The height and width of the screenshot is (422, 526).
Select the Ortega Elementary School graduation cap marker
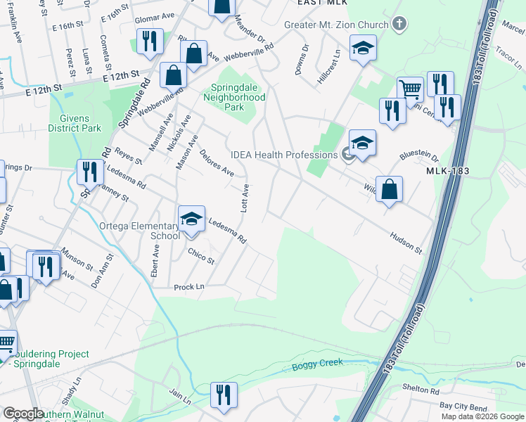click(x=191, y=219)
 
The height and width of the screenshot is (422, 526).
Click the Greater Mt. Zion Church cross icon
click(x=399, y=25)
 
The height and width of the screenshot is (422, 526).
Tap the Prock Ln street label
click(x=189, y=287)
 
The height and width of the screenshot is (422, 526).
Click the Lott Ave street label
click(x=245, y=199)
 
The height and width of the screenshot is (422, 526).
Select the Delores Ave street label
click(x=217, y=162)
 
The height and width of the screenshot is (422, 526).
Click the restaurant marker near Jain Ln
click(x=224, y=395)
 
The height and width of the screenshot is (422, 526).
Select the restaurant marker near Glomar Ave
click(x=150, y=41)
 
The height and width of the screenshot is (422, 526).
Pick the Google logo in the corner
click(x=23, y=414)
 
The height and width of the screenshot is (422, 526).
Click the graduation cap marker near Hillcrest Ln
click(x=364, y=48)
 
